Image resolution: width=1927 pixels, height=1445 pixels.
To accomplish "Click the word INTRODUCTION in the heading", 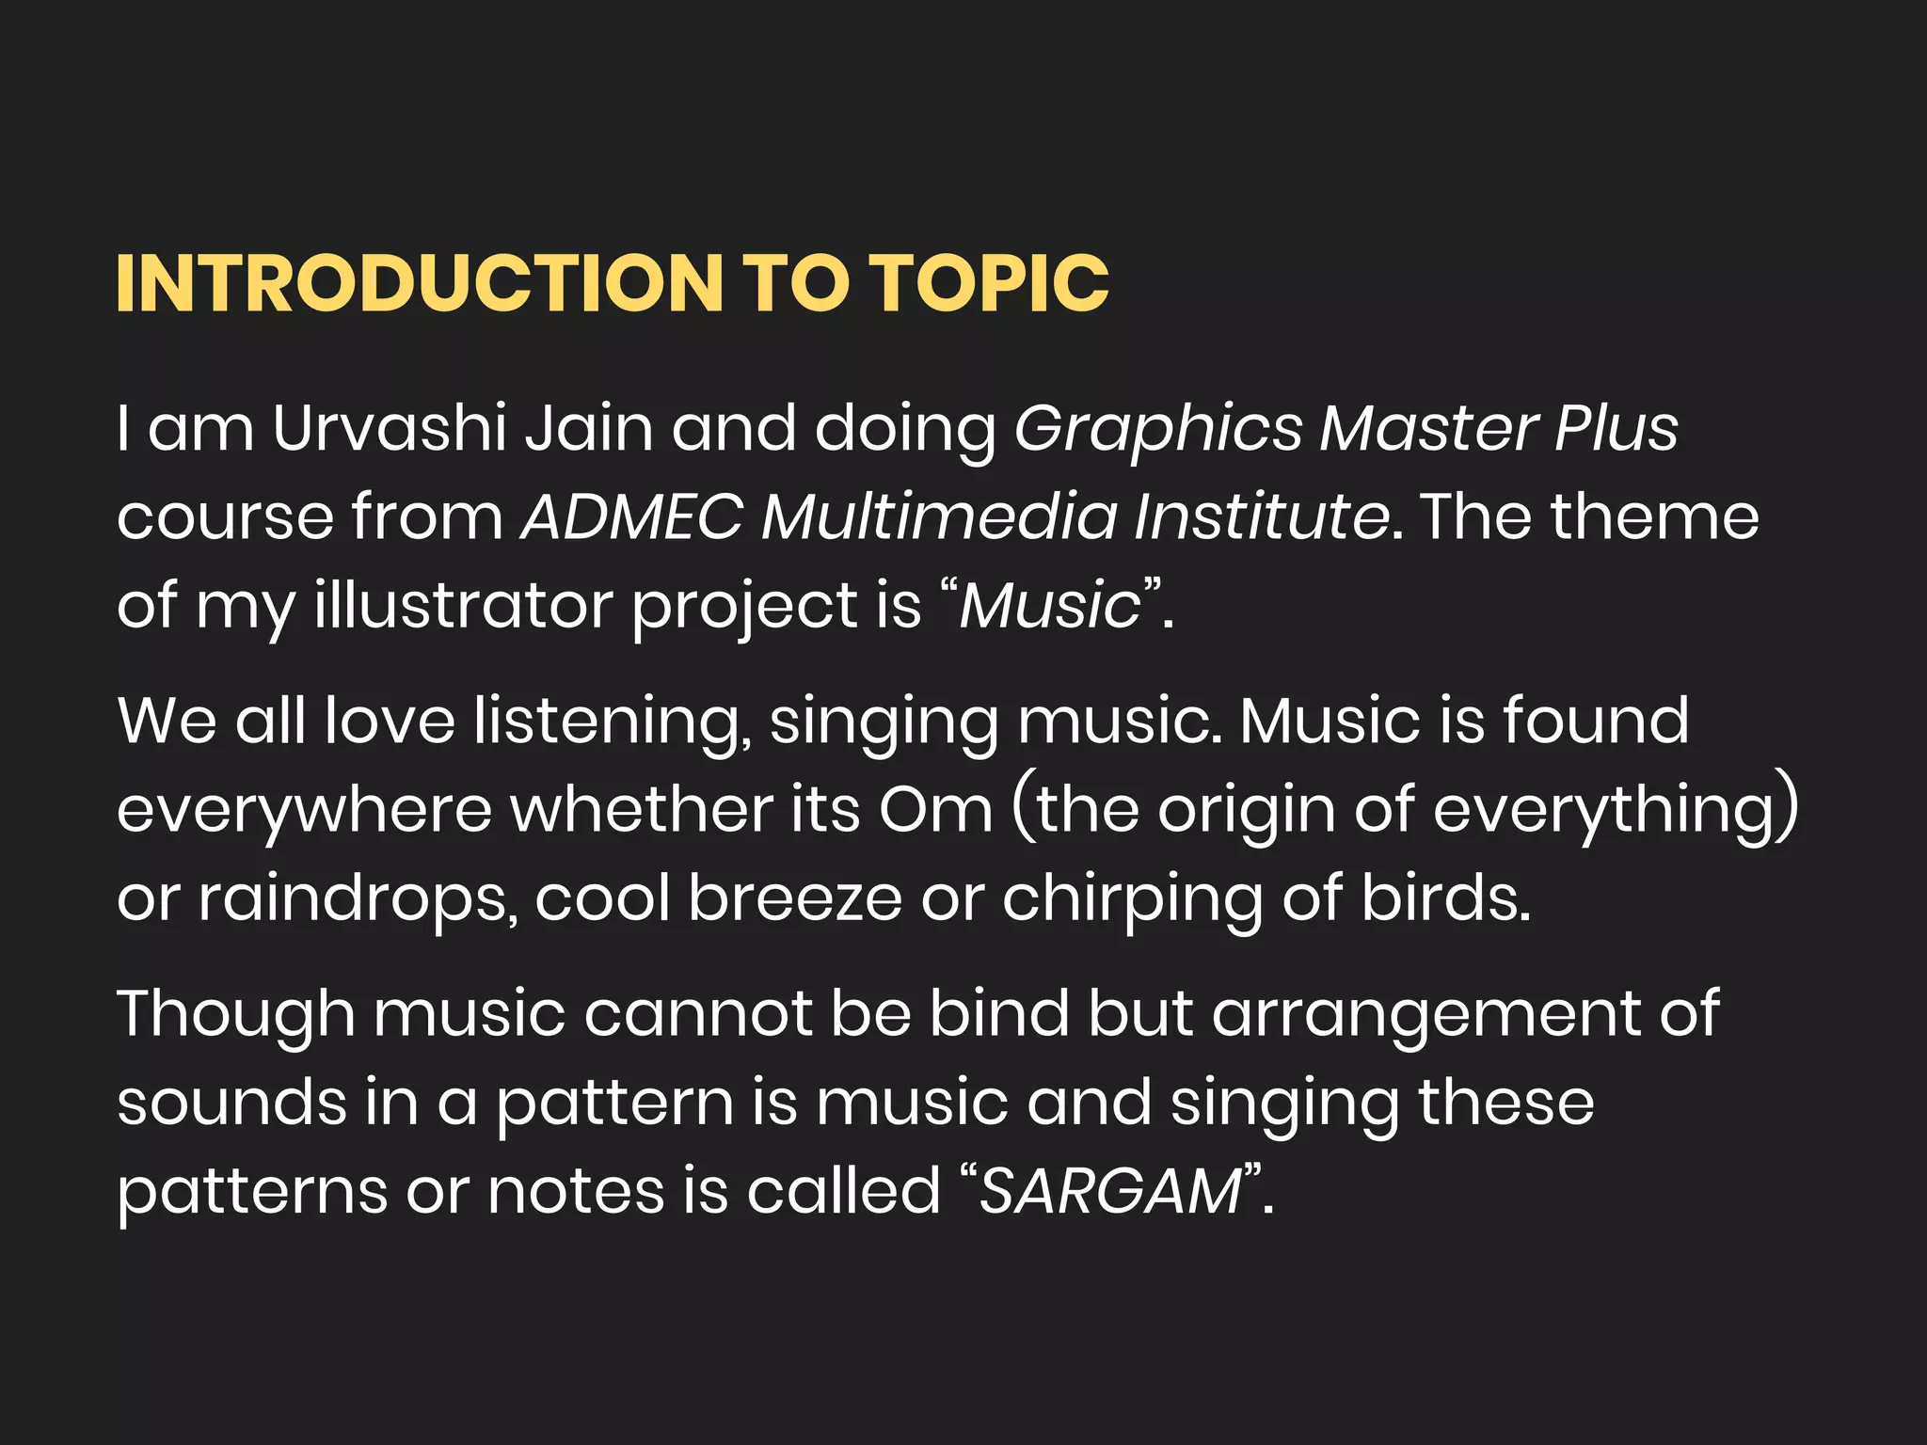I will (x=420, y=283).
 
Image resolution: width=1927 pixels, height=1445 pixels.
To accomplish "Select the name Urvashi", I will (x=389, y=428).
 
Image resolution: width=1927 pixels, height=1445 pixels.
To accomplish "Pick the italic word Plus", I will (x=1616, y=428).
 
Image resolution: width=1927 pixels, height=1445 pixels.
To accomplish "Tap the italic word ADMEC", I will (x=632, y=516).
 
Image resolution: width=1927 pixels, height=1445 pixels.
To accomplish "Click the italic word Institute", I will (x=1262, y=516).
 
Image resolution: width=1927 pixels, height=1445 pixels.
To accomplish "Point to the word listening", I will (x=612, y=722).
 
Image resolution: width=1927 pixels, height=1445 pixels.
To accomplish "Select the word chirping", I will (x=1132, y=899).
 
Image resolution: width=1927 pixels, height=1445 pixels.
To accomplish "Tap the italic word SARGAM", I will (x=1110, y=1192).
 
